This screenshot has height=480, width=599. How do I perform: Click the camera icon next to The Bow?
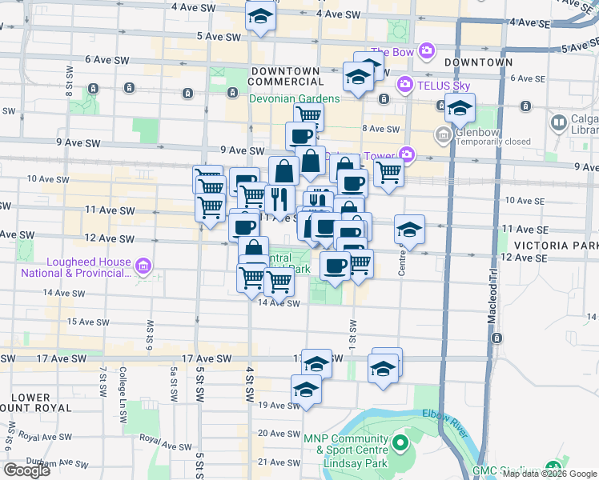pos(426,52)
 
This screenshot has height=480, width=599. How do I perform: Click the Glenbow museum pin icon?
pos(441,136)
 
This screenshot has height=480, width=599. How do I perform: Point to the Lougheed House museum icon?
pos(143,266)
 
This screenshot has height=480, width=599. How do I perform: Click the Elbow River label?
pos(444,422)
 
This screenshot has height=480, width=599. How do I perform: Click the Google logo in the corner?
pos(26,470)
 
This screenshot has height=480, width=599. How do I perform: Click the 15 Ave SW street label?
pos(87,322)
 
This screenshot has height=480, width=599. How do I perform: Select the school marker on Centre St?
pos(409,230)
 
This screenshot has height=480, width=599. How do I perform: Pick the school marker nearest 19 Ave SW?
pos(305,390)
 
